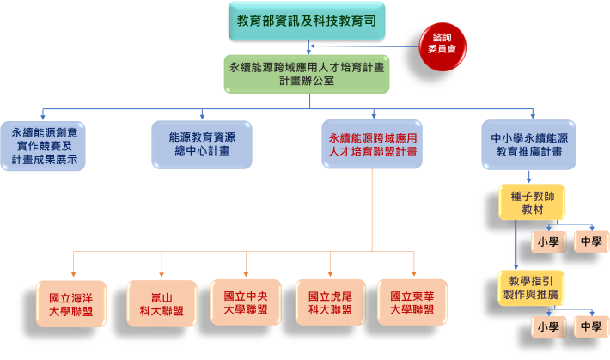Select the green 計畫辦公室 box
click(x=306, y=74)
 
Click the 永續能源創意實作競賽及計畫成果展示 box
click(x=43, y=145)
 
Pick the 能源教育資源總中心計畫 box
click(x=202, y=143)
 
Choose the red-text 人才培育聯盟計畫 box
click(x=372, y=143)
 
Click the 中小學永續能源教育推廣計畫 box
click(x=534, y=143)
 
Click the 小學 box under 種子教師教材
click(x=548, y=242)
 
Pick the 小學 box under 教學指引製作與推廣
click(x=548, y=326)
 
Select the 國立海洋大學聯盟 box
click(x=72, y=303)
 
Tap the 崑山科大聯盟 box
click(x=162, y=303)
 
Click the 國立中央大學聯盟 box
click(x=246, y=302)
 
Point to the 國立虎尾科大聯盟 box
click(x=330, y=302)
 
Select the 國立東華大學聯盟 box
click(x=412, y=302)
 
